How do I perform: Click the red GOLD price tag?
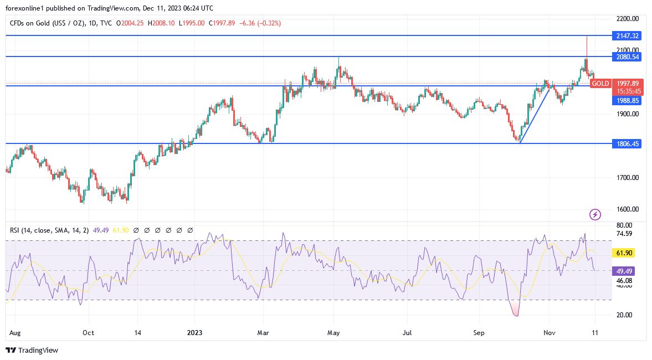click(600, 84)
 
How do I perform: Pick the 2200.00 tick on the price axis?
click(628, 19)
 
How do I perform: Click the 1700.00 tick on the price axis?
click(628, 178)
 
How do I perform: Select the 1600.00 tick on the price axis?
click(628, 209)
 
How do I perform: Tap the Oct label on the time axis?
click(88, 333)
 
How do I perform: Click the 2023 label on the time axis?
click(194, 333)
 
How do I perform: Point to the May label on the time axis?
click(333, 333)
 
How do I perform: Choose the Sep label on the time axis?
click(479, 333)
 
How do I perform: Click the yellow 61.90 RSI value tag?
click(624, 253)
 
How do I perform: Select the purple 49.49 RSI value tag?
click(624, 271)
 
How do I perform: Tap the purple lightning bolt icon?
click(595, 214)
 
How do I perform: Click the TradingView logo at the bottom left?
click(32, 350)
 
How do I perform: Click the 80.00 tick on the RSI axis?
click(624, 225)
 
